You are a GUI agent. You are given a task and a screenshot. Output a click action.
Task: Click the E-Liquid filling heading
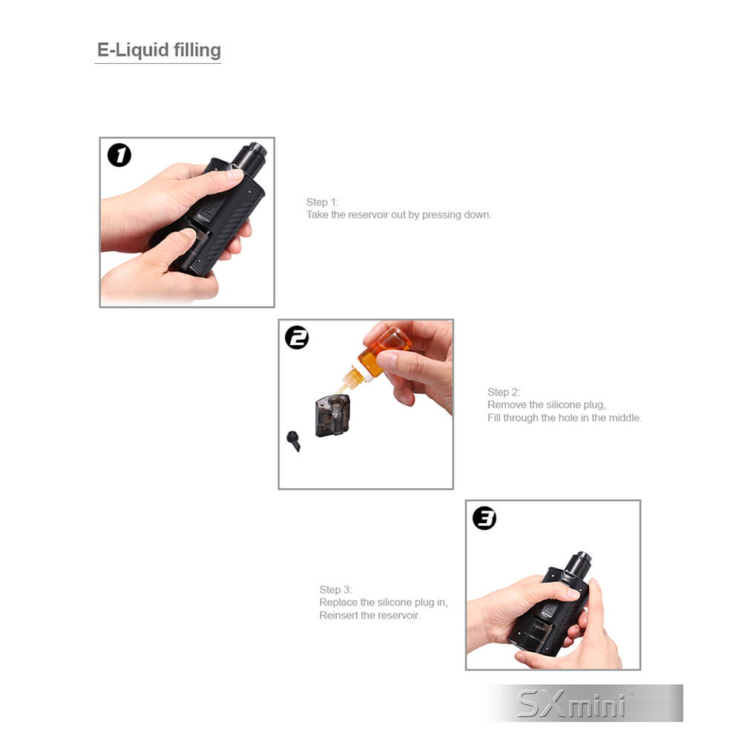(159, 50)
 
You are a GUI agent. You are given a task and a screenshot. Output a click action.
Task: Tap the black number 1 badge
(119, 155)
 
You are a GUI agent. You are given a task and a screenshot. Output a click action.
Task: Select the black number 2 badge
(297, 338)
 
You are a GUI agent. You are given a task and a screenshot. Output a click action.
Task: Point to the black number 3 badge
(485, 518)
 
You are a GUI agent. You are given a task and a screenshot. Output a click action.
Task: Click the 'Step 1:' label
(322, 202)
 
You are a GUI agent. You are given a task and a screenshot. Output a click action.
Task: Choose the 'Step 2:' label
(504, 392)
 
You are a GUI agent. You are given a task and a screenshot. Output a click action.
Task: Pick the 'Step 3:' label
(335, 589)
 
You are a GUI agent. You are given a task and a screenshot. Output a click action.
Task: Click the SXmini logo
(573, 703)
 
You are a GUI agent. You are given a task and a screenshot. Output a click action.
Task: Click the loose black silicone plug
(293, 441)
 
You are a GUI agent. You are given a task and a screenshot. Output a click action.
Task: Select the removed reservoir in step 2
(332, 416)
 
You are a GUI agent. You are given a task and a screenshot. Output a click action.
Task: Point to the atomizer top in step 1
(249, 158)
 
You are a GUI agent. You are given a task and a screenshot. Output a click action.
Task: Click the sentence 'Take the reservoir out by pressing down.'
(399, 215)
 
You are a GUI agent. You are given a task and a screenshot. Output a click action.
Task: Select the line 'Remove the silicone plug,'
(547, 404)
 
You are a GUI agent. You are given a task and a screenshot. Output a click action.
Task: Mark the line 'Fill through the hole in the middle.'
(565, 418)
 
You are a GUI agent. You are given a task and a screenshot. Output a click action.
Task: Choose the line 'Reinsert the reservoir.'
(370, 615)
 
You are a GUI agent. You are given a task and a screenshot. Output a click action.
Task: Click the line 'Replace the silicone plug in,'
(384, 603)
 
